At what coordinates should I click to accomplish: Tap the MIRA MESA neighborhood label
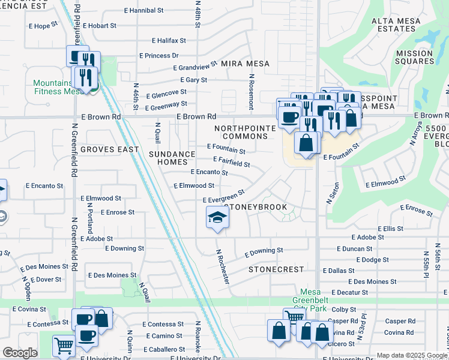(x=245, y=64)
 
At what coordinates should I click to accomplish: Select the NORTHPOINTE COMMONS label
(x=246, y=132)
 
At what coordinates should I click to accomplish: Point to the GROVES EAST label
(x=109, y=149)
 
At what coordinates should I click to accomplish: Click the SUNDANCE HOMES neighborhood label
(x=172, y=158)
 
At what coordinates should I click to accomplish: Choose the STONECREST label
(x=276, y=269)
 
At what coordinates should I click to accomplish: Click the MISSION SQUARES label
(x=414, y=58)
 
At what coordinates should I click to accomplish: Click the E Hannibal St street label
(x=143, y=11)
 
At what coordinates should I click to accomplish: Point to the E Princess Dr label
(x=159, y=55)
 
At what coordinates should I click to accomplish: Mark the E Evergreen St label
(x=224, y=197)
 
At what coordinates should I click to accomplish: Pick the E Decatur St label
(x=349, y=292)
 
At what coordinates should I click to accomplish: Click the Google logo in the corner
(x=19, y=353)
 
